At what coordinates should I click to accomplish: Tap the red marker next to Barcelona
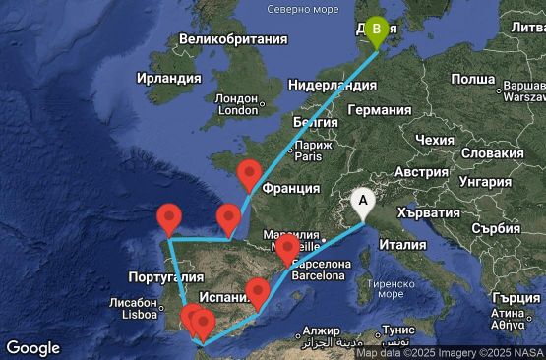coord(286,250)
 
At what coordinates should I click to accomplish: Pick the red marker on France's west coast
coord(249,174)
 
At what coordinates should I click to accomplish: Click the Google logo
coord(32,348)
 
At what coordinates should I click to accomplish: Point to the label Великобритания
coord(227,40)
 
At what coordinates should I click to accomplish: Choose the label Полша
coord(472,78)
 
